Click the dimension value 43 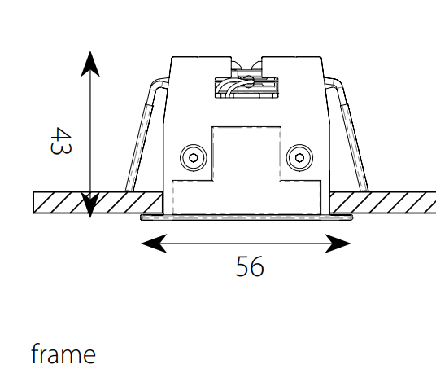pyautogui.click(x=61, y=141)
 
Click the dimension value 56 pyautogui.click(x=250, y=266)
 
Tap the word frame pyautogui.click(x=63, y=354)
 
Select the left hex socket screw pyautogui.click(x=194, y=158)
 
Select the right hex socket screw pyautogui.click(x=299, y=158)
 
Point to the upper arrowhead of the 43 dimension pyautogui.click(x=90, y=64)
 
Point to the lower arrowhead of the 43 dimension pyautogui.click(x=90, y=205)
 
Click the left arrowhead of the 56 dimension pyautogui.click(x=155, y=244)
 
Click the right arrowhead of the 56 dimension pyautogui.click(x=338, y=244)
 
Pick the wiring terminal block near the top pyautogui.click(x=246, y=87)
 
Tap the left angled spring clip pyautogui.click(x=145, y=134)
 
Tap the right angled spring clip pyautogui.click(x=347, y=134)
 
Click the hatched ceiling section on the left pyautogui.click(x=98, y=203)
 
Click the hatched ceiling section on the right pyautogui.click(x=382, y=203)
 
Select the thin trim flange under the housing pyautogui.click(x=246, y=217)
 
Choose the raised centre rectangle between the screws pyautogui.click(x=246, y=153)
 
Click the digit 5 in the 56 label pyautogui.click(x=242, y=266)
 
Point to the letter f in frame pyautogui.click(x=35, y=354)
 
